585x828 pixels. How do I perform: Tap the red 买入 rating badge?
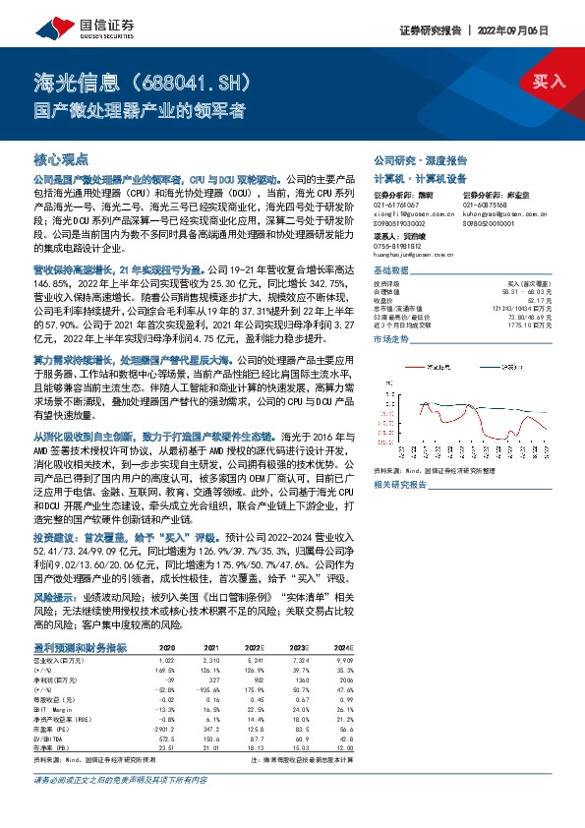click(x=548, y=81)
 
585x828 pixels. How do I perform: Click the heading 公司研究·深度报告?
click(x=420, y=159)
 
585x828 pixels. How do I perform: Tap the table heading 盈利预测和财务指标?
click(x=81, y=647)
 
